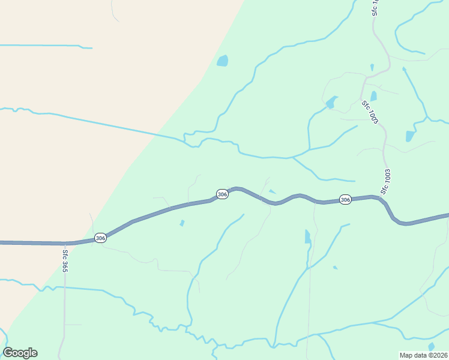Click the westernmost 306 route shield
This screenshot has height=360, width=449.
[x=100, y=238]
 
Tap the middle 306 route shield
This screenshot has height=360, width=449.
[x=222, y=194]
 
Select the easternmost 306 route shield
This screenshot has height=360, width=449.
[x=345, y=199]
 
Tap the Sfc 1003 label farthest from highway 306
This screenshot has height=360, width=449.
[x=370, y=112]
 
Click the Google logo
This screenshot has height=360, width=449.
[x=20, y=353]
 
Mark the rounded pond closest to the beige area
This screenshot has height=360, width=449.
[x=223, y=61]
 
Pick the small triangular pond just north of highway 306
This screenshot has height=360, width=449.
[x=273, y=192]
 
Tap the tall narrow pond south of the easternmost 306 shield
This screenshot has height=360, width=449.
[x=307, y=236]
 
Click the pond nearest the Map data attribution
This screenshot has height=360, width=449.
[x=431, y=346]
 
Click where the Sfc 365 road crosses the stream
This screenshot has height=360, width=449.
[x=64, y=287]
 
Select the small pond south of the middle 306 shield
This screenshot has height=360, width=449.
[x=182, y=223]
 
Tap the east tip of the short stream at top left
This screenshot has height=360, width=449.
[x=92, y=48]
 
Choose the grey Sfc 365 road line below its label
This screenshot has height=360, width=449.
[x=64, y=306]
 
